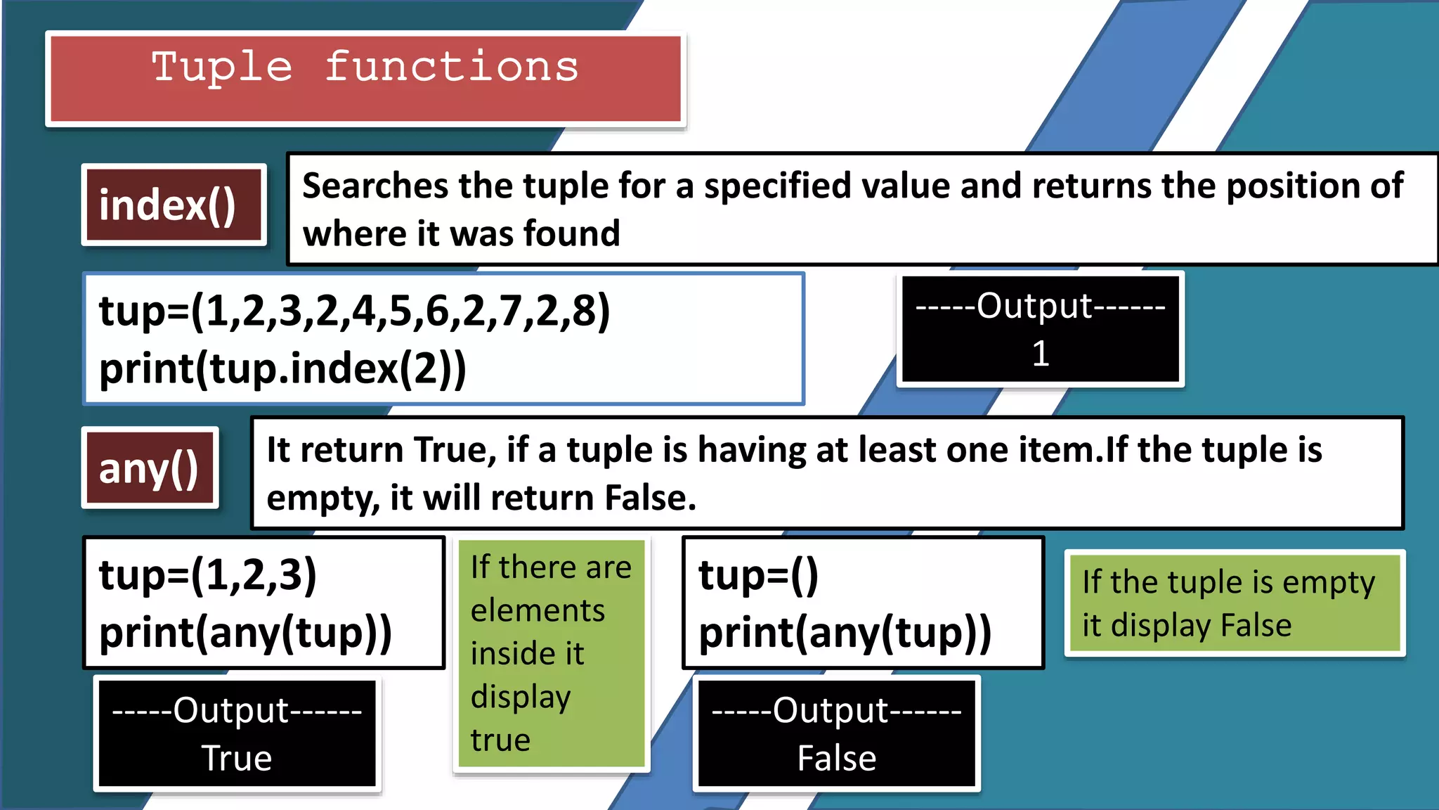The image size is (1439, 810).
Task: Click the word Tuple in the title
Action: coord(222,68)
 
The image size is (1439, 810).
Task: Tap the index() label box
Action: coord(167,205)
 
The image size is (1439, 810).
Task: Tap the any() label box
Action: coord(149,469)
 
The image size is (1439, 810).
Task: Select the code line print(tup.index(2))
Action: coord(282,368)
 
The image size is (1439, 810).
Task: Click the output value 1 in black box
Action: coord(1041,354)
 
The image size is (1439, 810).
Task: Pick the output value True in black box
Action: coord(237,758)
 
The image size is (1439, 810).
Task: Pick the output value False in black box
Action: coord(836,758)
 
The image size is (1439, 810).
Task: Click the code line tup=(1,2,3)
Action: coord(208,574)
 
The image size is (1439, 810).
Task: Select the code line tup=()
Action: coord(759,574)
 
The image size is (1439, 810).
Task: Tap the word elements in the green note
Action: coord(538,610)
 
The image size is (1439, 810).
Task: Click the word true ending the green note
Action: coord(500,740)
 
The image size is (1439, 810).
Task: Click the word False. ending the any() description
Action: coord(650,498)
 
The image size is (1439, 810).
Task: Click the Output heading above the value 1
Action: coord(1041,306)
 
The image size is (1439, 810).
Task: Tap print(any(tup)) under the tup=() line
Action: coord(845,632)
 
